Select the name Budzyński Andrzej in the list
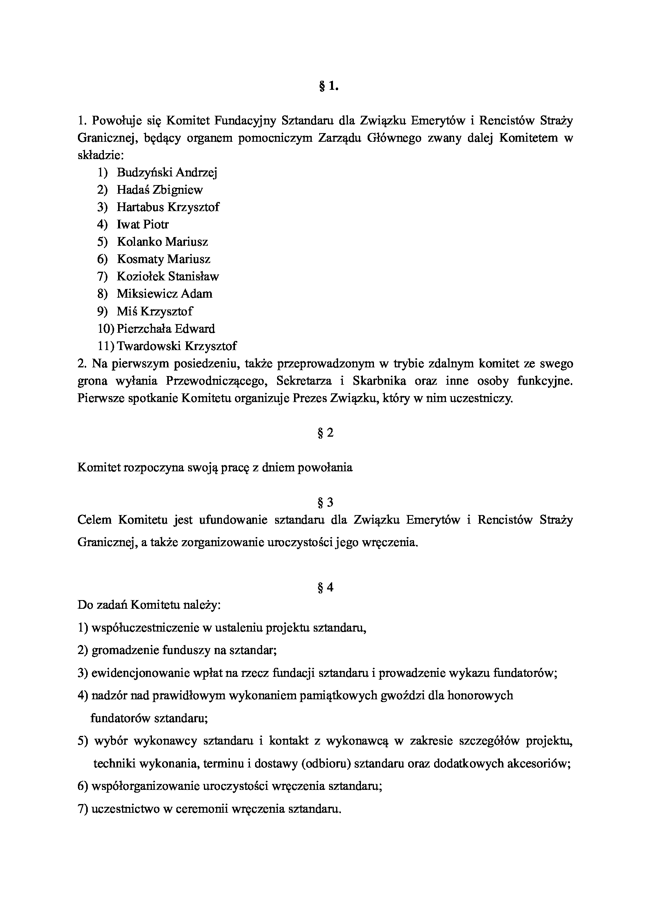(x=167, y=172)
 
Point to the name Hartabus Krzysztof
(x=168, y=207)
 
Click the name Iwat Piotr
(x=142, y=224)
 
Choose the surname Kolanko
(x=139, y=242)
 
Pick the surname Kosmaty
(x=140, y=259)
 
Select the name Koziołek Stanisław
(x=168, y=276)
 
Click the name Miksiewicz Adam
(x=165, y=294)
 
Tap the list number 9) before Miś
(x=102, y=311)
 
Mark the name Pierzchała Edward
(x=166, y=329)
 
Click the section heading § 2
(x=325, y=433)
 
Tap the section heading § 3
(x=325, y=502)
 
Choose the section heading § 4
(x=325, y=587)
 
